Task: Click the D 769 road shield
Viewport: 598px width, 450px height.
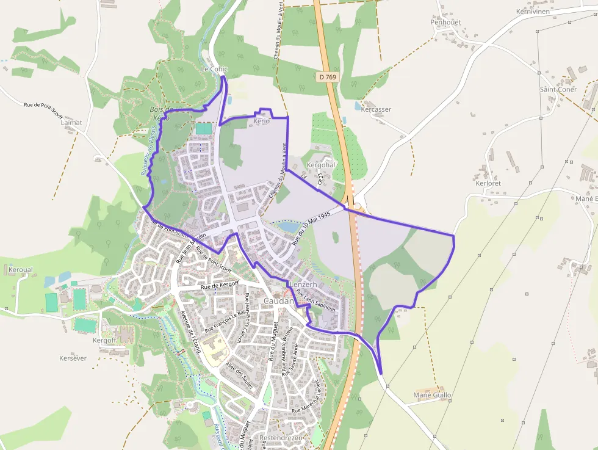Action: coord(327,77)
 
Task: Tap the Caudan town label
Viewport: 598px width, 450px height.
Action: coord(279,302)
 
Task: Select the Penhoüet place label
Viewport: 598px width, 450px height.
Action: coord(445,22)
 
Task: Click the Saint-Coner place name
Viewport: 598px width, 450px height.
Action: coord(558,89)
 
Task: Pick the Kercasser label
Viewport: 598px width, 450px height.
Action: coord(376,110)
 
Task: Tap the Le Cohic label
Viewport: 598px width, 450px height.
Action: coord(214,70)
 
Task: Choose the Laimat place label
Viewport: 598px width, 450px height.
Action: coord(71,123)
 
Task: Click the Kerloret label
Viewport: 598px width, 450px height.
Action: coord(488,183)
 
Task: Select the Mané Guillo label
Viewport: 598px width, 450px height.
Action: coord(432,396)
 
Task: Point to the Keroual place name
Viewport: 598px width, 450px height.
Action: coord(21,269)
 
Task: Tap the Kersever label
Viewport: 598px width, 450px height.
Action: coord(73,358)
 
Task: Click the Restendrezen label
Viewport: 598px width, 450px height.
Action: coord(281,438)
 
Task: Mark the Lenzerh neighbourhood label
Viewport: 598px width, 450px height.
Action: coord(303,285)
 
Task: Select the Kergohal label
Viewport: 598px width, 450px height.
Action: coord(321,165)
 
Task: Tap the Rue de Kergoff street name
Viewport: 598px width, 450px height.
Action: coord(218,285)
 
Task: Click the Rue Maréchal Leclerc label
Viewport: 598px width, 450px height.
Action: coord(314,397)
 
